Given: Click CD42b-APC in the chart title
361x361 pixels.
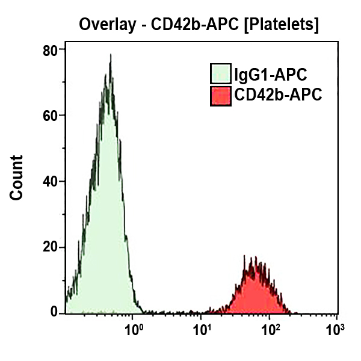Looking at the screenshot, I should coord(185,25).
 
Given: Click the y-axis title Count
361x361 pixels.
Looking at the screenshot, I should coord(16,177).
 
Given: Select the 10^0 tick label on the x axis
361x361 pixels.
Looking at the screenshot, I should coord(133,330).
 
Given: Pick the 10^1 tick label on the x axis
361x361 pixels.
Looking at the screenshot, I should coord(202,330).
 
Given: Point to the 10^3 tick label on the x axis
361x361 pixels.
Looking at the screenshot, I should coord(335,330).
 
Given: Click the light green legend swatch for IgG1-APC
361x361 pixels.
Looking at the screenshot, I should coord(221,75).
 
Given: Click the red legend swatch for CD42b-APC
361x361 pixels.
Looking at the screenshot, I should coord(221,96).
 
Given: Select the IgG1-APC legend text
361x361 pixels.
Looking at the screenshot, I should coord(271,75).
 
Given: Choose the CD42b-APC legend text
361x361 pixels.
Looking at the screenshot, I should coord(278,95).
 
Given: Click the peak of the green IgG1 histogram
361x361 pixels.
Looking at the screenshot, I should coord(110,55).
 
